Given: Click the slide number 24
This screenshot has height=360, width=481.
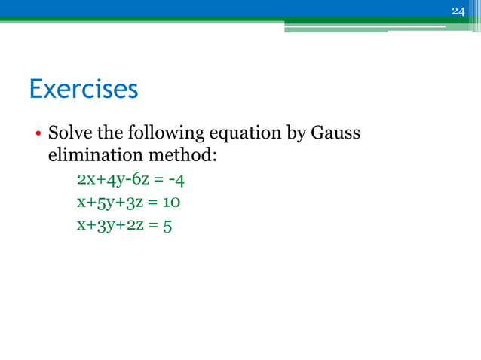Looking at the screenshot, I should point(458,11).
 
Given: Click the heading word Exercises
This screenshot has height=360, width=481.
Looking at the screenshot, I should point(84,90).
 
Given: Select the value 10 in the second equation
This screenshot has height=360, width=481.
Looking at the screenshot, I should point(172,203).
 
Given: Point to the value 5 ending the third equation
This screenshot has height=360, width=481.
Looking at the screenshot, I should point(167,226).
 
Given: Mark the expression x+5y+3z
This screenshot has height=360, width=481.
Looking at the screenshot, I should point(107,203).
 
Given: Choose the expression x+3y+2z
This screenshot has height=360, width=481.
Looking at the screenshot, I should point(107,226).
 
